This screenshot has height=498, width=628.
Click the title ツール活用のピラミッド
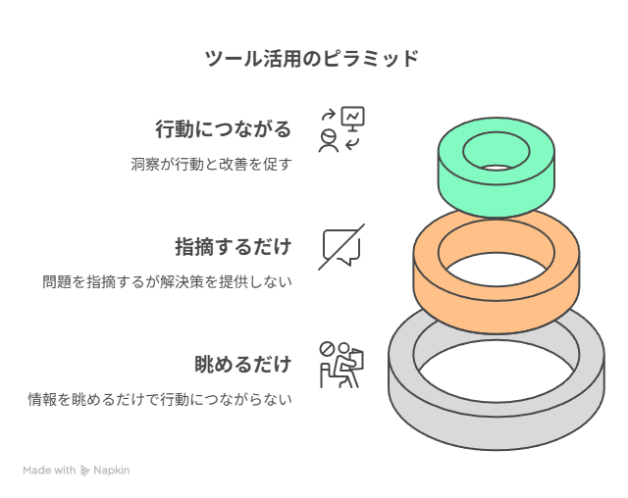click(x=312, y=59)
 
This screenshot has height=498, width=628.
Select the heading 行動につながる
click(x=223, y=128)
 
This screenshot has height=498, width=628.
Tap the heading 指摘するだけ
click(x=234, y=246)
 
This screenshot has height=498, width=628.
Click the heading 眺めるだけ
click(x=242, y=364)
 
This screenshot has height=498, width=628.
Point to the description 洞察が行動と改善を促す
click(x=211, y=164)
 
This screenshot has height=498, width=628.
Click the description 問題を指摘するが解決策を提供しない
click(x=167, y=281)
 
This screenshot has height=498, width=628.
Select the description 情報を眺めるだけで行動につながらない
click(x=160, y=399)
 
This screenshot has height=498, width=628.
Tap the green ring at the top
click(x=497, y=192)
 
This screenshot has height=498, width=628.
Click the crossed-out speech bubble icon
click(x=341, y=247)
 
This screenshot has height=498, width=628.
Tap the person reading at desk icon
click(x=341, y=365)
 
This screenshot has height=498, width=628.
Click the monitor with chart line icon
click(x=353, y=119)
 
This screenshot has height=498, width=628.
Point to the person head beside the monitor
click(x=329, y=136)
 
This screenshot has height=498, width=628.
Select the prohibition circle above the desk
click(x=327, y=349)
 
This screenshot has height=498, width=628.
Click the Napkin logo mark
click(x=84, y=471)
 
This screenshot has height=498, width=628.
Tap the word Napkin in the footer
click(x=111, y=471)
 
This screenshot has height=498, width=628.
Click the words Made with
click(x=49, y=470)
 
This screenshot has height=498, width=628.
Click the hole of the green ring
click(x=497, y=151)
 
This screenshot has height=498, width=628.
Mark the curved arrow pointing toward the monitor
click(x=329, y=115)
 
